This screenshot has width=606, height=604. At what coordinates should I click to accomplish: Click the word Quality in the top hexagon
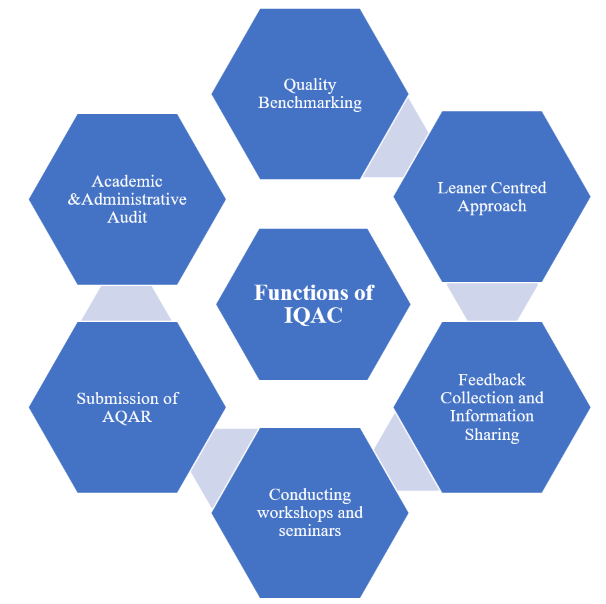(309, 85)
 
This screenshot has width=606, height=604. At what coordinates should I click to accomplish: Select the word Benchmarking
(309, 103)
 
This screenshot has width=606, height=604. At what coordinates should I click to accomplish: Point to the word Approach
(491, 207)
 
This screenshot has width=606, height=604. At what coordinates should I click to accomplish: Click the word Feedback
(491, 380)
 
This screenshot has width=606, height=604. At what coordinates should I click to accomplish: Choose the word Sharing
(491, 435)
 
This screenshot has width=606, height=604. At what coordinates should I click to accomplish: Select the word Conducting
(309, 495)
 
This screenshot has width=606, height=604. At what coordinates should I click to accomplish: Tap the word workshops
(292, 513)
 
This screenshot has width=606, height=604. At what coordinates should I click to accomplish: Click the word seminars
(309, 531)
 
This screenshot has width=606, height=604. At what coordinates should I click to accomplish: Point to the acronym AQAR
(127, 417)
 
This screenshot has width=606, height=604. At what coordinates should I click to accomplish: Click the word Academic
(127, 181)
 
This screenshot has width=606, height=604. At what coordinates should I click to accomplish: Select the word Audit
(127, 217)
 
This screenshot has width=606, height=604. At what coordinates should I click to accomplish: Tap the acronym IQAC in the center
(313, 315)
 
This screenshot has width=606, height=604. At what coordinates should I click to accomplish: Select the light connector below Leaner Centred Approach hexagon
(492, 302)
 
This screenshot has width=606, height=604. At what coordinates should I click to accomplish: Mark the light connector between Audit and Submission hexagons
(126, 303)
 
